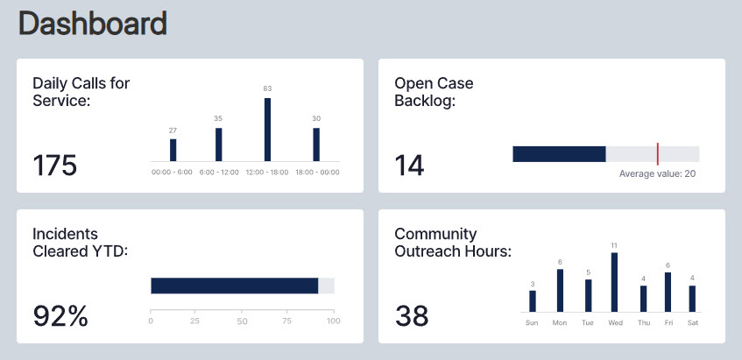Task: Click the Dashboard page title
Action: (92, 24)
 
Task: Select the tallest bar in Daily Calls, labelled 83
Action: (267, 129)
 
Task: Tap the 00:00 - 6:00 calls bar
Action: (173, 150)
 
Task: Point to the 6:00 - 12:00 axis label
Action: (219, 172)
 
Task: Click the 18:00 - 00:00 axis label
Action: (317, 172)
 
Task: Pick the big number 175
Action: (54, 166)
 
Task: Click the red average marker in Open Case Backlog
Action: (657, 154)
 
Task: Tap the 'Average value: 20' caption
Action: (657, 173)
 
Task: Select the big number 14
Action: (409, 166)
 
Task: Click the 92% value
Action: (60, 315)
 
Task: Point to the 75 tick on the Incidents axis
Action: (287, 321)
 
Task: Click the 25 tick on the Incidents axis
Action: (196, 321)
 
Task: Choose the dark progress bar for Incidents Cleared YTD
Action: (234, 286)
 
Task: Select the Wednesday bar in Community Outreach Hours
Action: (614, 282)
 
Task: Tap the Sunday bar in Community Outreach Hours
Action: (532, 300)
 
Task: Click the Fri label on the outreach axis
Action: (668, 322)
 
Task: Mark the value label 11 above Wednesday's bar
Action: (614, 245)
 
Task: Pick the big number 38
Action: (412, 315)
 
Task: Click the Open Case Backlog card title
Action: (434, 92)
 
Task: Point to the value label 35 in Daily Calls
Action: (218, 118)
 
